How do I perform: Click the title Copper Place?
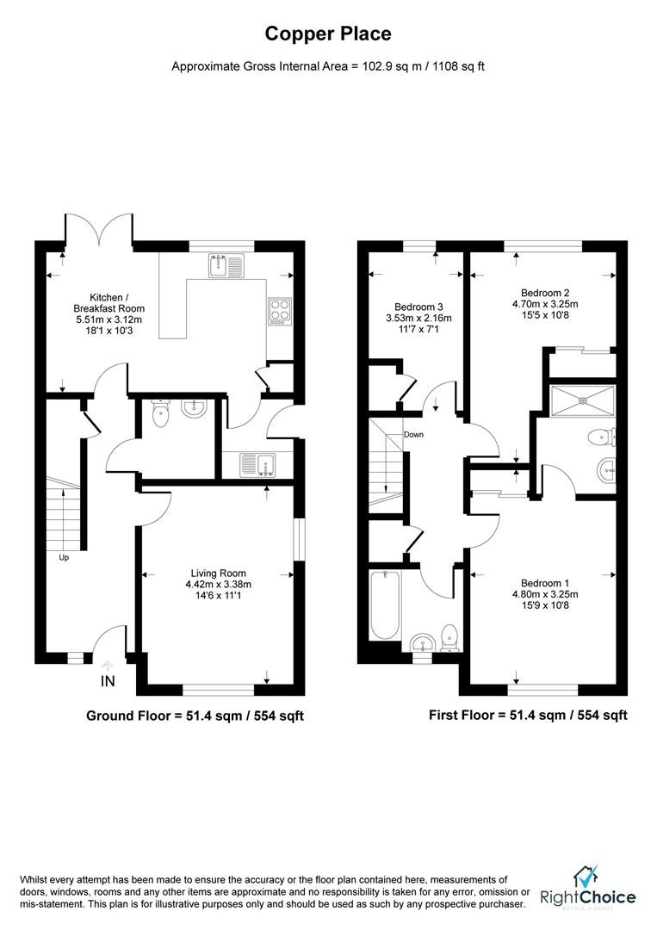tap(328, 34)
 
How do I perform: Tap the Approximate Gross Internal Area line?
tap(328, 66)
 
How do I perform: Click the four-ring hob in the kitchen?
tap(281, 309)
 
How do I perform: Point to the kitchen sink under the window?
tap(227, 265)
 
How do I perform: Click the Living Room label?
tap(219, 573)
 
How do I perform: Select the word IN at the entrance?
tap(108, 682)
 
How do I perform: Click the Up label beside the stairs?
tap(64, 557)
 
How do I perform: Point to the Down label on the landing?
tap(414, 434)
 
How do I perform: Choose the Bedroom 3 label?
tap(419, 307)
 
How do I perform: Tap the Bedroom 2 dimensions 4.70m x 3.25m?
tap(544, 304)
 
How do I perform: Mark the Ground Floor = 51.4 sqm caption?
tap(195, 716)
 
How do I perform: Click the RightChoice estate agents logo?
tap(588, 889)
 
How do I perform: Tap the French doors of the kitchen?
tap(99, 230)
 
